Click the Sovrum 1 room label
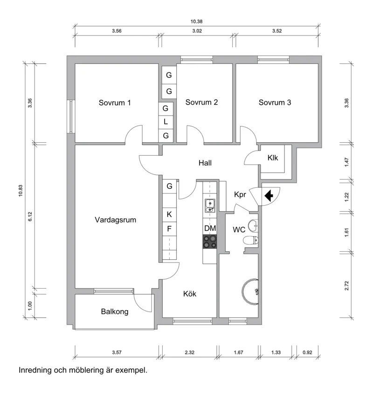click(115, 103)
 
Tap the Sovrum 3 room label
click(275, 103)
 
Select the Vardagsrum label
click(115, 220)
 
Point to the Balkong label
click(115, 311)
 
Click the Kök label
click(189, 294)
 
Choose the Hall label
click(205, 163)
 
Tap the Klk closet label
click(273, 158)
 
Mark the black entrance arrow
click(269, 196)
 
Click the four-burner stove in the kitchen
click(210, 241)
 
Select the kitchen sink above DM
click(210, 205)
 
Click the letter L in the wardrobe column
click(166, 122)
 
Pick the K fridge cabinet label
click(169, 214)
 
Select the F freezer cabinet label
click(169, 228)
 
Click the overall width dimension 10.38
click(196, 21)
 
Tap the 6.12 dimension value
click(30, 217)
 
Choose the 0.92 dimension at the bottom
click(307, 353)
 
